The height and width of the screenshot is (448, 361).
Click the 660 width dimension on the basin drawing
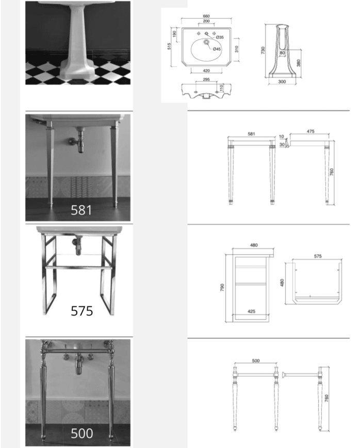(206, 16)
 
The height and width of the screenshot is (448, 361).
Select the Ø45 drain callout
(217, 49)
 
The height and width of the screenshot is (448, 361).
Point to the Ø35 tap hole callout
(220, 38)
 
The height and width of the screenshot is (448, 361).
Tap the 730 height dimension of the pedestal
(264, 50)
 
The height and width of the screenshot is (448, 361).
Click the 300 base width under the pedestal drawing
(282, 81)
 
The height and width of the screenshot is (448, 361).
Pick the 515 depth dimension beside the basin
(169, 46)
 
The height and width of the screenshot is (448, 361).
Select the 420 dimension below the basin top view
(206, 71)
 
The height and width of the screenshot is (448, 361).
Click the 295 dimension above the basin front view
(206, 79)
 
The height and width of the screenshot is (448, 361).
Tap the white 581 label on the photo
(81, 210)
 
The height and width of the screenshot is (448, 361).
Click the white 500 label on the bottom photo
(81, 433)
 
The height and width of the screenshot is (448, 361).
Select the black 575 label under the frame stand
(81, 311)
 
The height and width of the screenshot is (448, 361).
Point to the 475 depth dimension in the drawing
(310, 131)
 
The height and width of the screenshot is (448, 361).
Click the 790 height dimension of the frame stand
(223, 287)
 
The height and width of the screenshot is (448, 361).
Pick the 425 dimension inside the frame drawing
(251, 311)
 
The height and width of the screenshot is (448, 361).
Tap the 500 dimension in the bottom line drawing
(256, 361)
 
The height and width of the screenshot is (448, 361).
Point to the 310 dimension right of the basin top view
(236, 49)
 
